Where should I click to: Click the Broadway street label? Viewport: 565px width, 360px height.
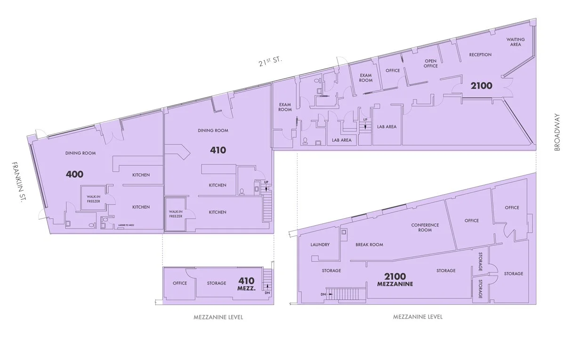point(557,132)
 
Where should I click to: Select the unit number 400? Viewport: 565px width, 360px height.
point(75,174)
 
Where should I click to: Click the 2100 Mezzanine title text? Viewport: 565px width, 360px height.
point(395,280)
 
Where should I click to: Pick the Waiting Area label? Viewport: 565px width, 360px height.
point(516,42)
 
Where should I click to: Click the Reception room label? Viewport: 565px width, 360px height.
point(480,55)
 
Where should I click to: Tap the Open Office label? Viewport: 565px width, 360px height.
point(431,63)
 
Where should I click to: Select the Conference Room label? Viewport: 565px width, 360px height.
point(425,227)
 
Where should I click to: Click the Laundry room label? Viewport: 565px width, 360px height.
point(320,245)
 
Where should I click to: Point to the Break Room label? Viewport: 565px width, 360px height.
point(369,245)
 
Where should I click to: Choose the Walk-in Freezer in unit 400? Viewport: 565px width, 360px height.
point(93,198)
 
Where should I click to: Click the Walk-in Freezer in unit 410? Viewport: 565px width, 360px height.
point(175,214)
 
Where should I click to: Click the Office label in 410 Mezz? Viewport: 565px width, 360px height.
point(180,283)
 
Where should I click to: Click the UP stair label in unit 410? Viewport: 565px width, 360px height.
point(266,182)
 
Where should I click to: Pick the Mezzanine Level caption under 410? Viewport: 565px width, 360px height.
point(218,317)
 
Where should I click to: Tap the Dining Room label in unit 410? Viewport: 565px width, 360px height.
point(213,131)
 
